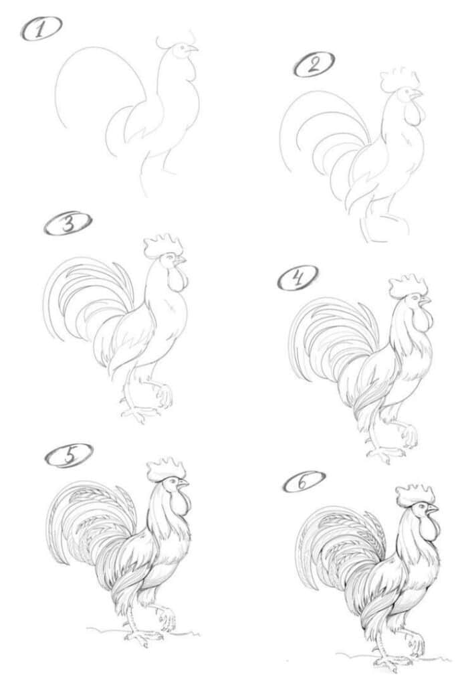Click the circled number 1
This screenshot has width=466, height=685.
pos(41,29)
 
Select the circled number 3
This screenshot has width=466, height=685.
pos(68,224)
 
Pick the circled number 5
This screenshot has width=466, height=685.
pos(68,456)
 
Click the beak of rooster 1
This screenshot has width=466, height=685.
pos(193,48)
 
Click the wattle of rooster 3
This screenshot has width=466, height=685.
pos(177,278)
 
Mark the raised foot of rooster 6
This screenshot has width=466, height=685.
pos(415,646)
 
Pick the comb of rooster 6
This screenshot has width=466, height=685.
pos(415,495)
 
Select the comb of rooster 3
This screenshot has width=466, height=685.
pos(162,246)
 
